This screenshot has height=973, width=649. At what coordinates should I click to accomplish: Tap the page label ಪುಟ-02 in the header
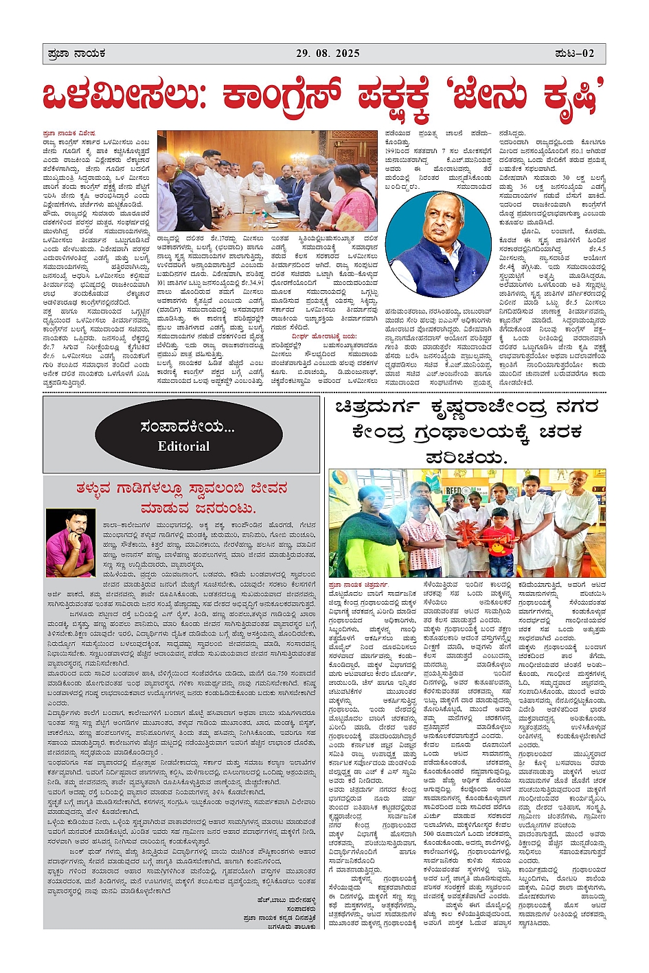(x=575, y=54)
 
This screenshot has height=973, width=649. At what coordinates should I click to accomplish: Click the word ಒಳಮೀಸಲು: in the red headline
(x=124, y=97)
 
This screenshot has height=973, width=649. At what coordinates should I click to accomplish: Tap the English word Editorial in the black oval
(x=183, y=447)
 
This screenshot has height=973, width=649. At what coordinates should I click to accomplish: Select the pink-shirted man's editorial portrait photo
(x=71, y=542)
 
